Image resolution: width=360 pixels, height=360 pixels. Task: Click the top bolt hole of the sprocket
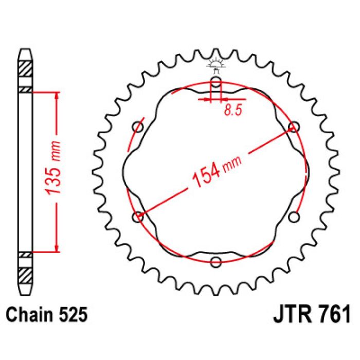tap(216, 84)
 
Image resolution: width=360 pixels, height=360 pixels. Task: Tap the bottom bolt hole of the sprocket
tap(216, 262)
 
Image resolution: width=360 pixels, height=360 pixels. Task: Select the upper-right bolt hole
tap(294, 127)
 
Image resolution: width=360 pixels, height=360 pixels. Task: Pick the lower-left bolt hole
tap(138, 218)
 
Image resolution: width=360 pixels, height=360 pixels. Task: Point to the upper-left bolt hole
tap(138, 127)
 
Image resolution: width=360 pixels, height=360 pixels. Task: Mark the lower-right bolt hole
tap(294, 218)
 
